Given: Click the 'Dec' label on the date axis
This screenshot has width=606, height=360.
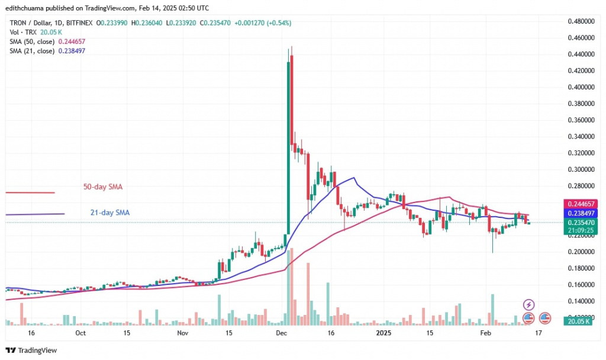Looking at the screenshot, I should [282, 333].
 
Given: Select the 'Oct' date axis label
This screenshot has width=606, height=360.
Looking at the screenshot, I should [80, 333].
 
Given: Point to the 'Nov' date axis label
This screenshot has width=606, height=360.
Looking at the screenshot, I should [182, 333].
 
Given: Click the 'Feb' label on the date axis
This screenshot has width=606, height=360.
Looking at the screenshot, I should [485, 333].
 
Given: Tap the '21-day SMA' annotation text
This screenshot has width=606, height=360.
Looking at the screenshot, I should [107, 213].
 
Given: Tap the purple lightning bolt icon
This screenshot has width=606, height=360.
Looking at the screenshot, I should [529, 304].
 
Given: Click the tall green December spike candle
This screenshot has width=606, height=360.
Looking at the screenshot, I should [288, 148].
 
